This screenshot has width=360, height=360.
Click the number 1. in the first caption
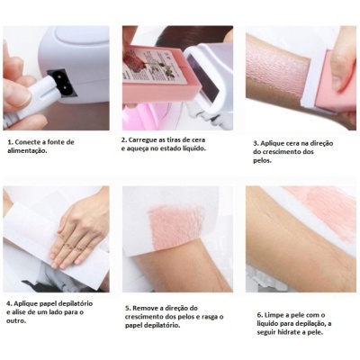pyautogui.click(x=9, y=142)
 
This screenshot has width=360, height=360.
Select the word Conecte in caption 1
pyautogui.click(x=30, y=142)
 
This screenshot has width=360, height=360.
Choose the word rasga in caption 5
pyautogui.click(x=202, y=318)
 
